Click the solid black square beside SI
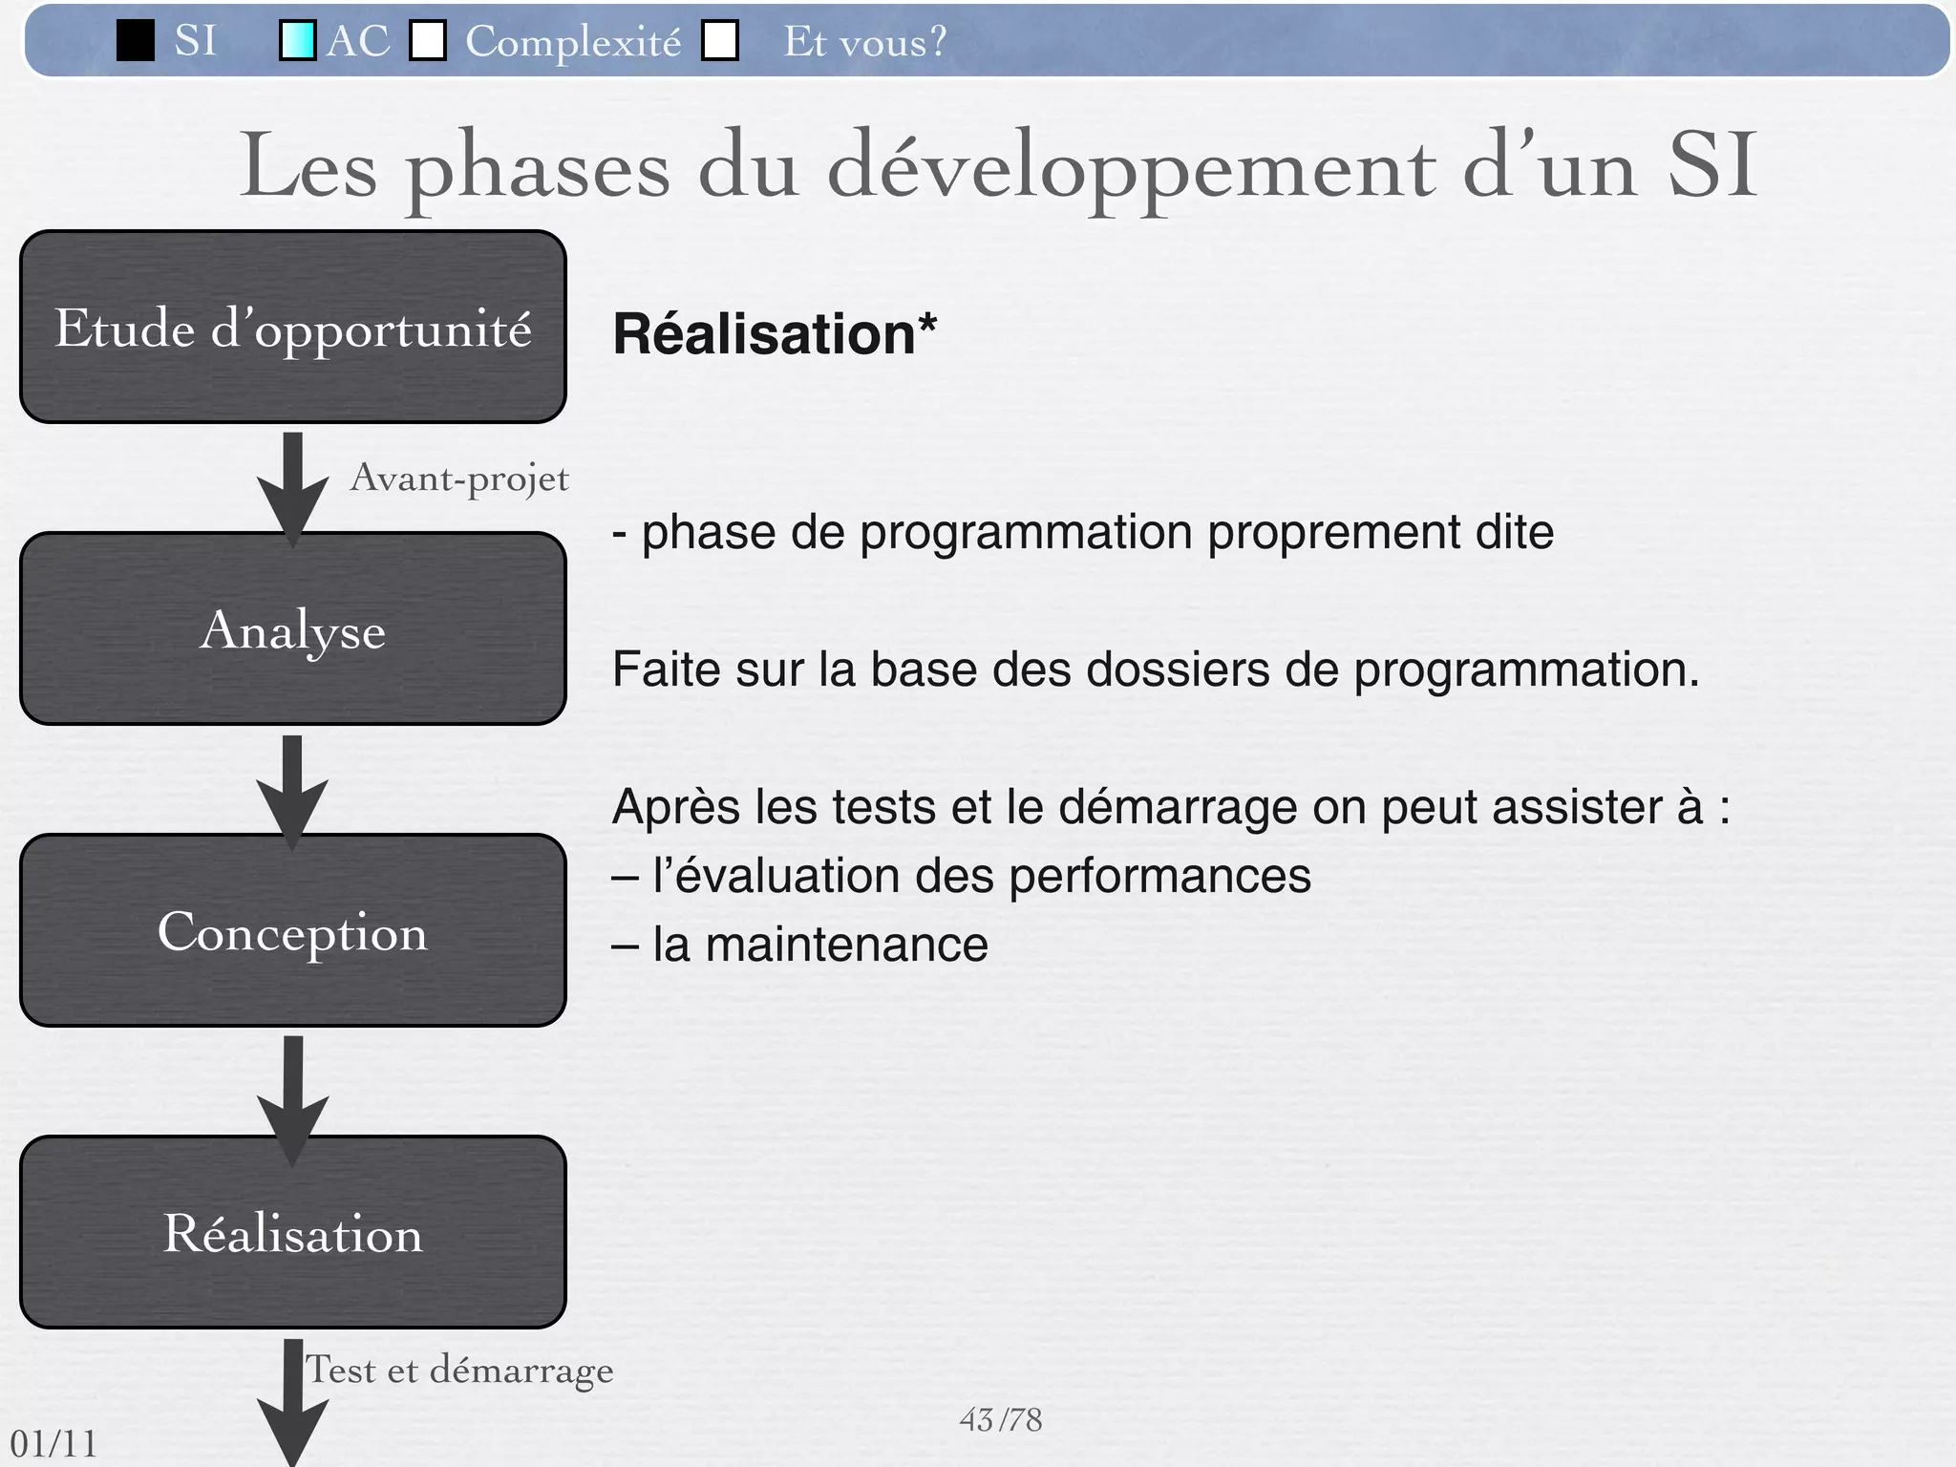coord(136,41)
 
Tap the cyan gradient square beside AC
coord(297,41)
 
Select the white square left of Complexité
coord(428,41)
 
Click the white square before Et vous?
coord(720,41)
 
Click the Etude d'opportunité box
coord(292,327)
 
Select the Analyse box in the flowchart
coord(292,628)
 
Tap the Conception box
coord(292,930)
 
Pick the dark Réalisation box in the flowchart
coord(292,1232)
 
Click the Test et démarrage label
coord(459,1371)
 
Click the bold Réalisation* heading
coord(775,334)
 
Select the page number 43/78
coord(1000,1420)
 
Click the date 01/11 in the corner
coord(53,1443)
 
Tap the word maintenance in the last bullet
coord(846,946)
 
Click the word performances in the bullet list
coord(1159,876)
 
